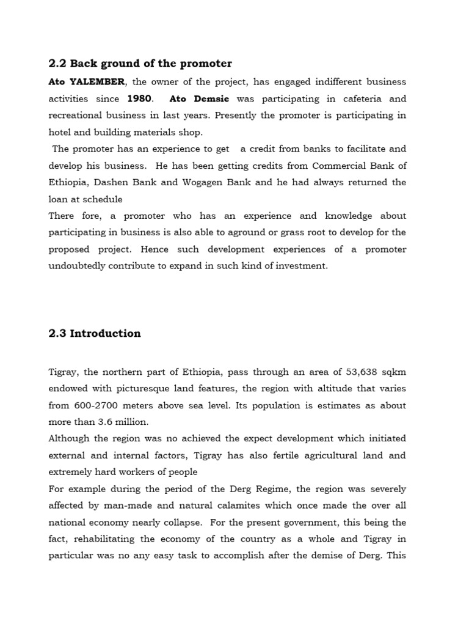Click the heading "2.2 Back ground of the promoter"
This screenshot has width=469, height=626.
tap(140, 64)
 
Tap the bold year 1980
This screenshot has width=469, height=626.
tap(139, 98)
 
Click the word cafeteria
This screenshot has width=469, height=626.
tap(349, 98)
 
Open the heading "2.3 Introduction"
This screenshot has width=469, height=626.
tap(95, 333)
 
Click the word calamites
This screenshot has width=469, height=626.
tap(273, 506)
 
